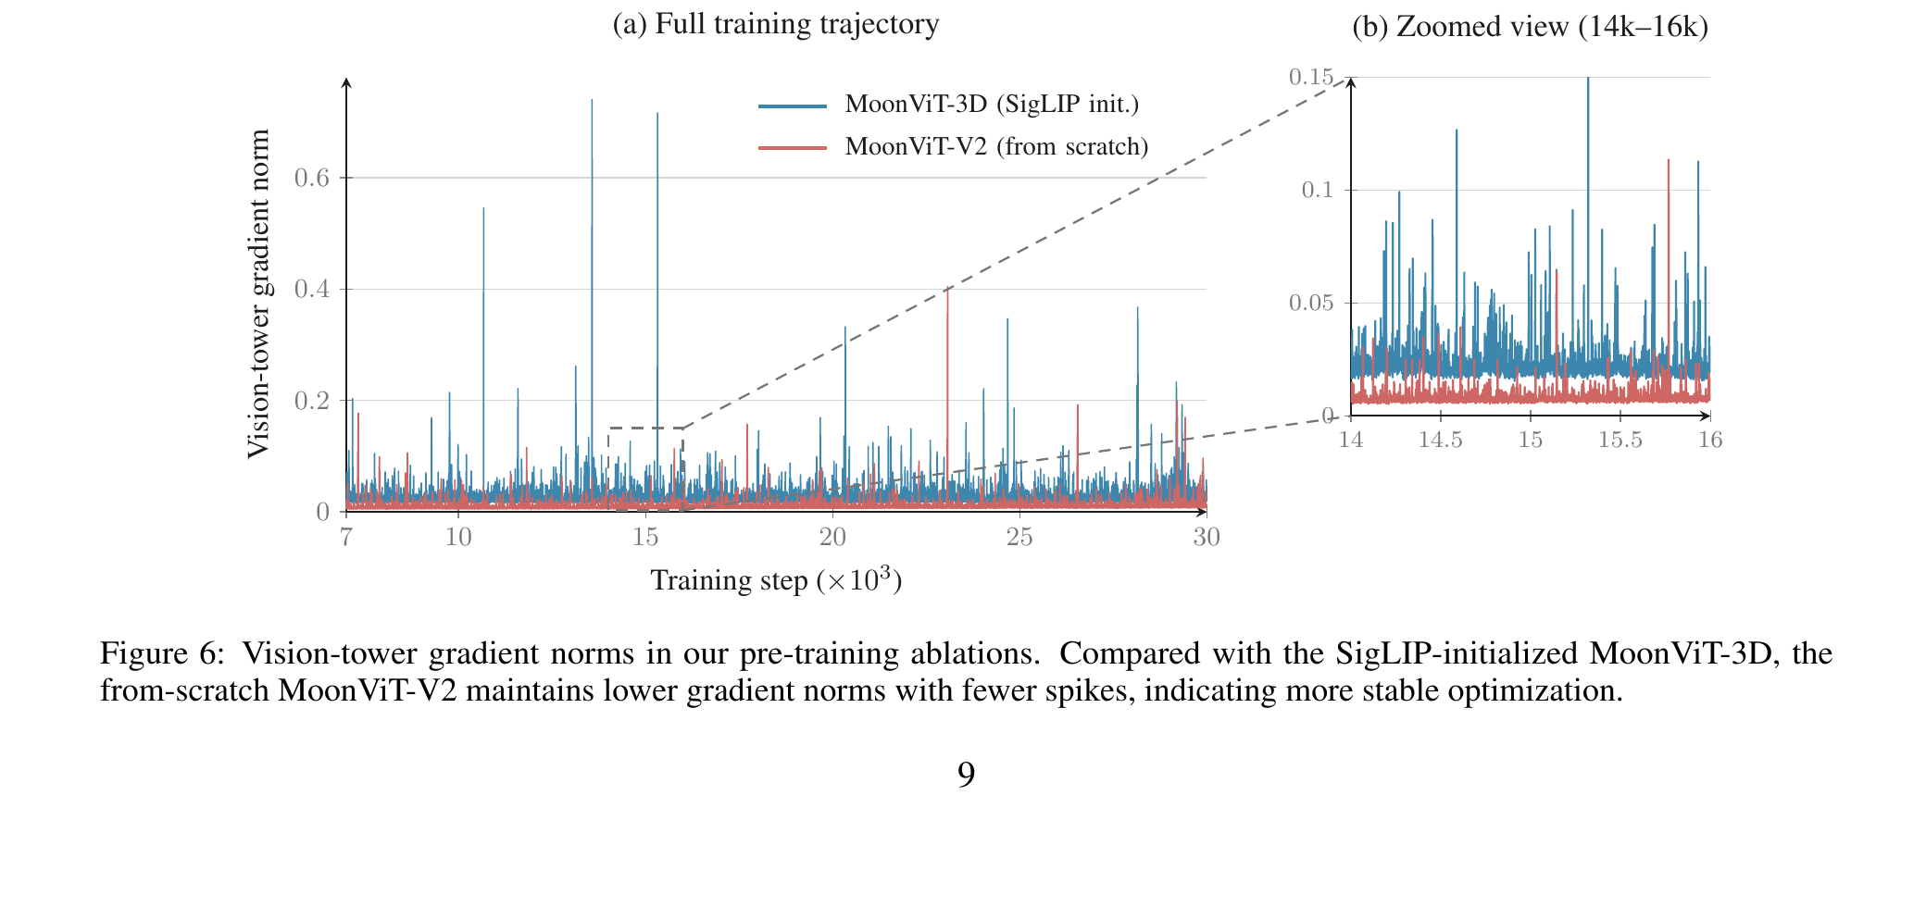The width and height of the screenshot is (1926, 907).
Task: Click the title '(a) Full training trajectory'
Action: pos(776,24)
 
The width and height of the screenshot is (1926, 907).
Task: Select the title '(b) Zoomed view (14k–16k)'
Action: pos(1530,27)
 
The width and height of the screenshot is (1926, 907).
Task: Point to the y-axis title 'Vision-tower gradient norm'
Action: pos(259,293)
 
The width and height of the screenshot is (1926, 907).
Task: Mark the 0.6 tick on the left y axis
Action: pos(312,178)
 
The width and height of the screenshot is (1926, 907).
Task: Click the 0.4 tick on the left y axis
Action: pos(312,290)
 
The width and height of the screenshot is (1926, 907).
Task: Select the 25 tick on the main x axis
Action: pos(1019,538)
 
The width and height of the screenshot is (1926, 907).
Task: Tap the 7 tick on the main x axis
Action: pos(346,538)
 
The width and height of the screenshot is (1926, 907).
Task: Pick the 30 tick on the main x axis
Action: pos(1207,538)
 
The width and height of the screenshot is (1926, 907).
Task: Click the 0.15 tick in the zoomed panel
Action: pos(1311,78)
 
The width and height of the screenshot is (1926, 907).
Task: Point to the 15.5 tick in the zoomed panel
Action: pos(1620,440)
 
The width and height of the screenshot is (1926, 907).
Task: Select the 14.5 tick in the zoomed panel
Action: pos(1441,440)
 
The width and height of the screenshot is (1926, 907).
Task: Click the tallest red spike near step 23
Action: pos(947,398)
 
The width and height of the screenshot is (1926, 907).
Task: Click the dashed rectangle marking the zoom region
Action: pos(608,468)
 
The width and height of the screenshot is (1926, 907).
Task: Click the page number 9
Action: pos(966,776)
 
